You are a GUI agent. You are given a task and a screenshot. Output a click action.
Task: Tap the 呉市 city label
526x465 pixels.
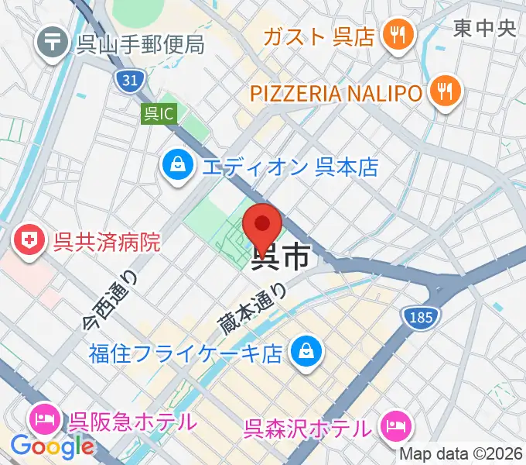[283, 258]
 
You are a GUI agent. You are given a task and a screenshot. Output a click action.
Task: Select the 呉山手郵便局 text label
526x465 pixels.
[140, 43]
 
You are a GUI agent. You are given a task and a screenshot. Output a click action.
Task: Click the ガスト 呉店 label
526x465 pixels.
[319, 36]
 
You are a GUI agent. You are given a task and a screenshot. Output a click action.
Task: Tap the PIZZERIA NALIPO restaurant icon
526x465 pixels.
[446, 94]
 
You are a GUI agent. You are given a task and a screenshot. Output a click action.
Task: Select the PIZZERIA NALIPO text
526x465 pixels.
[336, 94]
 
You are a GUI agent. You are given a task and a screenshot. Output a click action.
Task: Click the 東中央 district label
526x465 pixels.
[484, 29]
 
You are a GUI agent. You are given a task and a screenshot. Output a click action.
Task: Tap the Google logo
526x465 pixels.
[52, 446]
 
